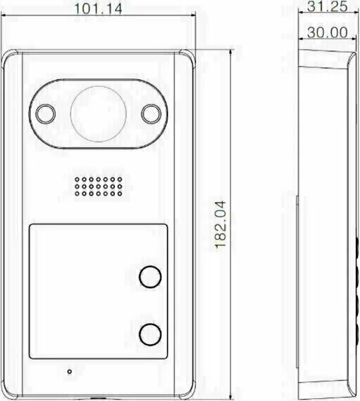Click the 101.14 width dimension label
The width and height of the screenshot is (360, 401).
coord(98,9)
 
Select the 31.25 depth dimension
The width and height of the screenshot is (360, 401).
coord(327,6)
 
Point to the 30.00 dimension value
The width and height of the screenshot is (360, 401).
coord(327,32)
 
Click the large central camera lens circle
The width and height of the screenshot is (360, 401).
coord(98,114)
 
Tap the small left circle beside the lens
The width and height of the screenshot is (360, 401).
coord(46,114)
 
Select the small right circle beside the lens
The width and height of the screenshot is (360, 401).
coord(151,114)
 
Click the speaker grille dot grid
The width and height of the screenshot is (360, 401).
coord(98,186)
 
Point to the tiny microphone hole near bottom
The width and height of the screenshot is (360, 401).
coord(69,372)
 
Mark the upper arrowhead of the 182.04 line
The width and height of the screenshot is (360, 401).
coord(230,52)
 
